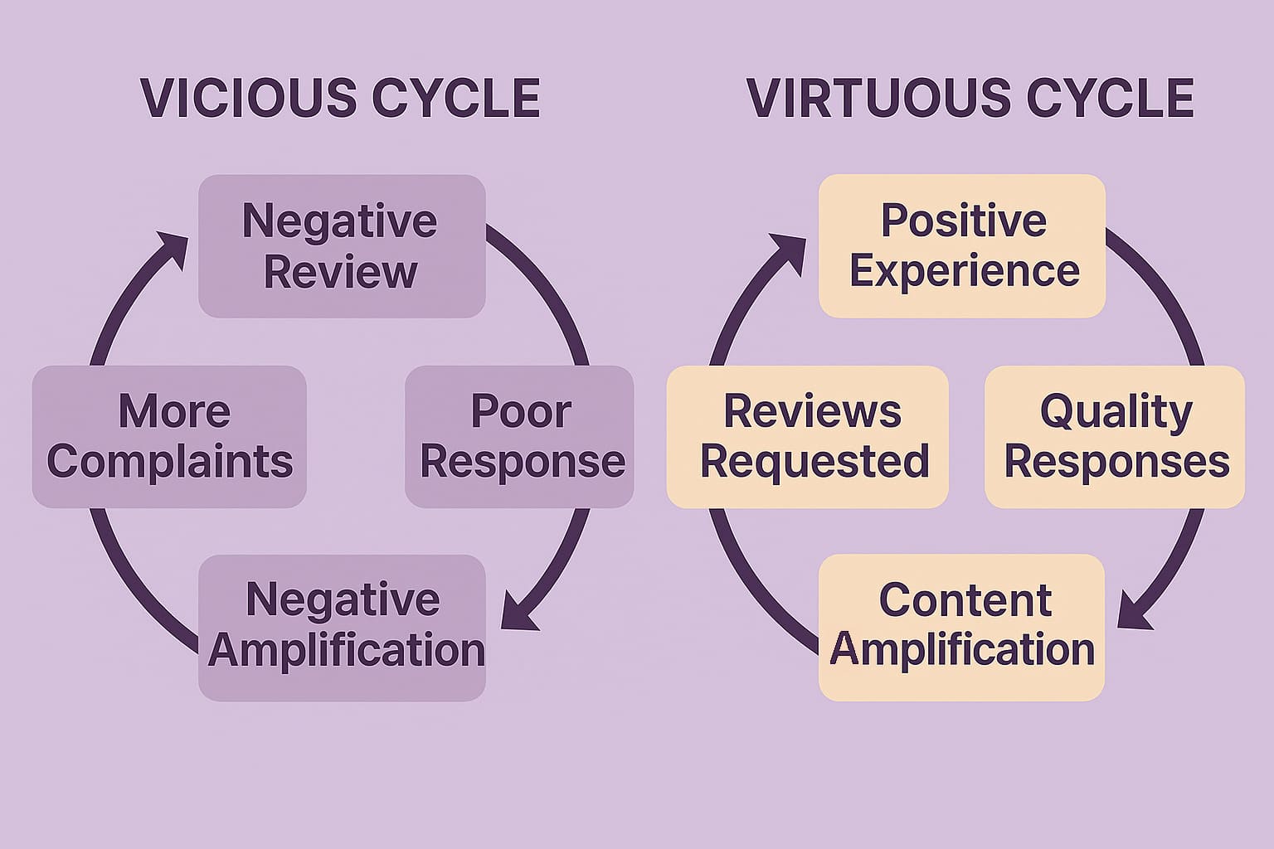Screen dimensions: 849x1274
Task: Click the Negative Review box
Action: click(x=341, y=246)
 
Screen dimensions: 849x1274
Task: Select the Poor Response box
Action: click(x=520, y=437)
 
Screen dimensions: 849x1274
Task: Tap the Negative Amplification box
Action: click(x=342, y=628)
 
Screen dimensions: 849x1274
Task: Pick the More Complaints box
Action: click(x=169, y=437)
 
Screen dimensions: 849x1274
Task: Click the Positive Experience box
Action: click(x=962, y=246)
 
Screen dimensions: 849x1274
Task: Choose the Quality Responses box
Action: click(x=1115, y=437)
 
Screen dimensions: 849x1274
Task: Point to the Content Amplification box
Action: click(x=962, y=628)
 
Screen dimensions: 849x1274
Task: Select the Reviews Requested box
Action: click(x=808, y=437)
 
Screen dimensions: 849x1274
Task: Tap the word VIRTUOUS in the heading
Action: click(x=878, y=99)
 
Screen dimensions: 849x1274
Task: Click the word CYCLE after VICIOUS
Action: click(x=455, y=99)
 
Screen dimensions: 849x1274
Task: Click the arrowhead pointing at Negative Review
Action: click(x=172, y=247)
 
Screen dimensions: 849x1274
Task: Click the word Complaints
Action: click(x=169, y=462)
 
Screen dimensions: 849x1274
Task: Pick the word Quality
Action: click(x=1116, y=412)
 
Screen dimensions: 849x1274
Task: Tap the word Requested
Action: click(x=814, y=462)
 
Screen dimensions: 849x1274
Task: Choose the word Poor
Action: click(x=521, y=412)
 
